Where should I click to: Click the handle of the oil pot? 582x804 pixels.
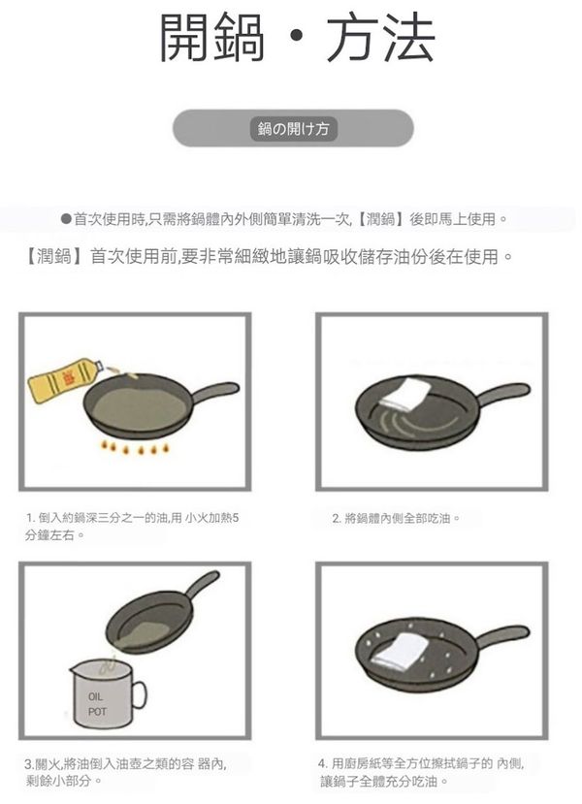point(139,693)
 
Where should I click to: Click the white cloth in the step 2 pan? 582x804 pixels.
point(406,394)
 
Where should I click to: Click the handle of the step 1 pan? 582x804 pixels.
point(215,391)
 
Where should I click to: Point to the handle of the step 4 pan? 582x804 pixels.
point(502,636)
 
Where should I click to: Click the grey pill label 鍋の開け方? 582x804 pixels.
point(293,128)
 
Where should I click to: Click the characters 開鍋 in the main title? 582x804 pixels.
point(211,38)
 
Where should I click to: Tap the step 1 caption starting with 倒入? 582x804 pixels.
point(132,526)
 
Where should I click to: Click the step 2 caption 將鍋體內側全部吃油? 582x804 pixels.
point(396,519)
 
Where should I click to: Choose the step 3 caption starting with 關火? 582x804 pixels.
point(126,772)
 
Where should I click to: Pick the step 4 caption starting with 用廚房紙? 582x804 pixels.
point(422,772)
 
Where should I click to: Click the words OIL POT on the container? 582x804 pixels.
point(96,704)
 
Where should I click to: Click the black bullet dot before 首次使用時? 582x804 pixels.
point(66,219)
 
